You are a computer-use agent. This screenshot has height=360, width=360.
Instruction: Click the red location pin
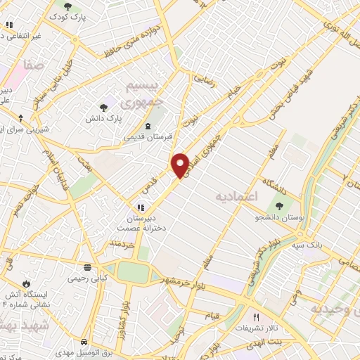tap(181, 165)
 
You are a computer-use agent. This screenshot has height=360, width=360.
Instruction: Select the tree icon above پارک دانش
tap(103, 107)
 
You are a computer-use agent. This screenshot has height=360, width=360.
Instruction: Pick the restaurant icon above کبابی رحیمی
tap(88, 268)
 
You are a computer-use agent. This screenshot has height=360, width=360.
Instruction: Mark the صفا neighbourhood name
tap(32, 65)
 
